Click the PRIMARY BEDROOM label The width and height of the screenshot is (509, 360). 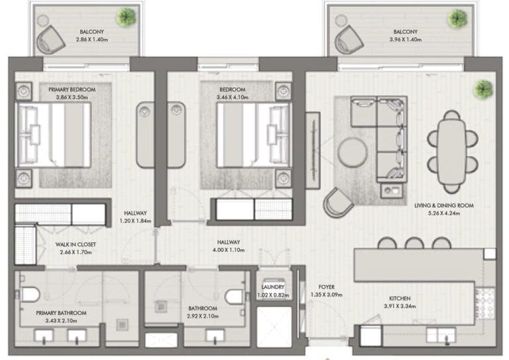[72, 90]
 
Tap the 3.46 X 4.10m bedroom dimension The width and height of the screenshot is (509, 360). [233, 97]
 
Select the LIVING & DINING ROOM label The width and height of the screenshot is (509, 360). [444, 206]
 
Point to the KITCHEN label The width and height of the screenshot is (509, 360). [400, 298]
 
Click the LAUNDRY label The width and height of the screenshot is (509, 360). [272, 287]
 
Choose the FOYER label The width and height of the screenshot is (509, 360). [327, 287]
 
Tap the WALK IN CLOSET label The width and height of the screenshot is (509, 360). [76, 245]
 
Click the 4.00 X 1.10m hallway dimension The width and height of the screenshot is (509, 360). [229, 250]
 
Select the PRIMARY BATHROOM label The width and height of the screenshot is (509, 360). [62, 313]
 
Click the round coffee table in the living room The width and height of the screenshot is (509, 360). [353, 152]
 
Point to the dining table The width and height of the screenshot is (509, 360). [451, 152]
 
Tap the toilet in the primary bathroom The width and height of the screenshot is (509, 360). [30, 294]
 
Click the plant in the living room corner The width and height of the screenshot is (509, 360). [483, 90]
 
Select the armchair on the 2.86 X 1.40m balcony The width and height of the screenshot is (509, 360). [50, 40]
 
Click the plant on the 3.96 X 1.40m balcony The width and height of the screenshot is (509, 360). [457, 18]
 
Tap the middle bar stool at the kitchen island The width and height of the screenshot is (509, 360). [414, 243]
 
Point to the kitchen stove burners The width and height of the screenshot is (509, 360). [484, 304]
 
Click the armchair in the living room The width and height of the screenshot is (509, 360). [337, 202]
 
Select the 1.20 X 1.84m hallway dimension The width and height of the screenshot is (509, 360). [135, 221]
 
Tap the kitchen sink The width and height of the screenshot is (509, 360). [441, 335]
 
